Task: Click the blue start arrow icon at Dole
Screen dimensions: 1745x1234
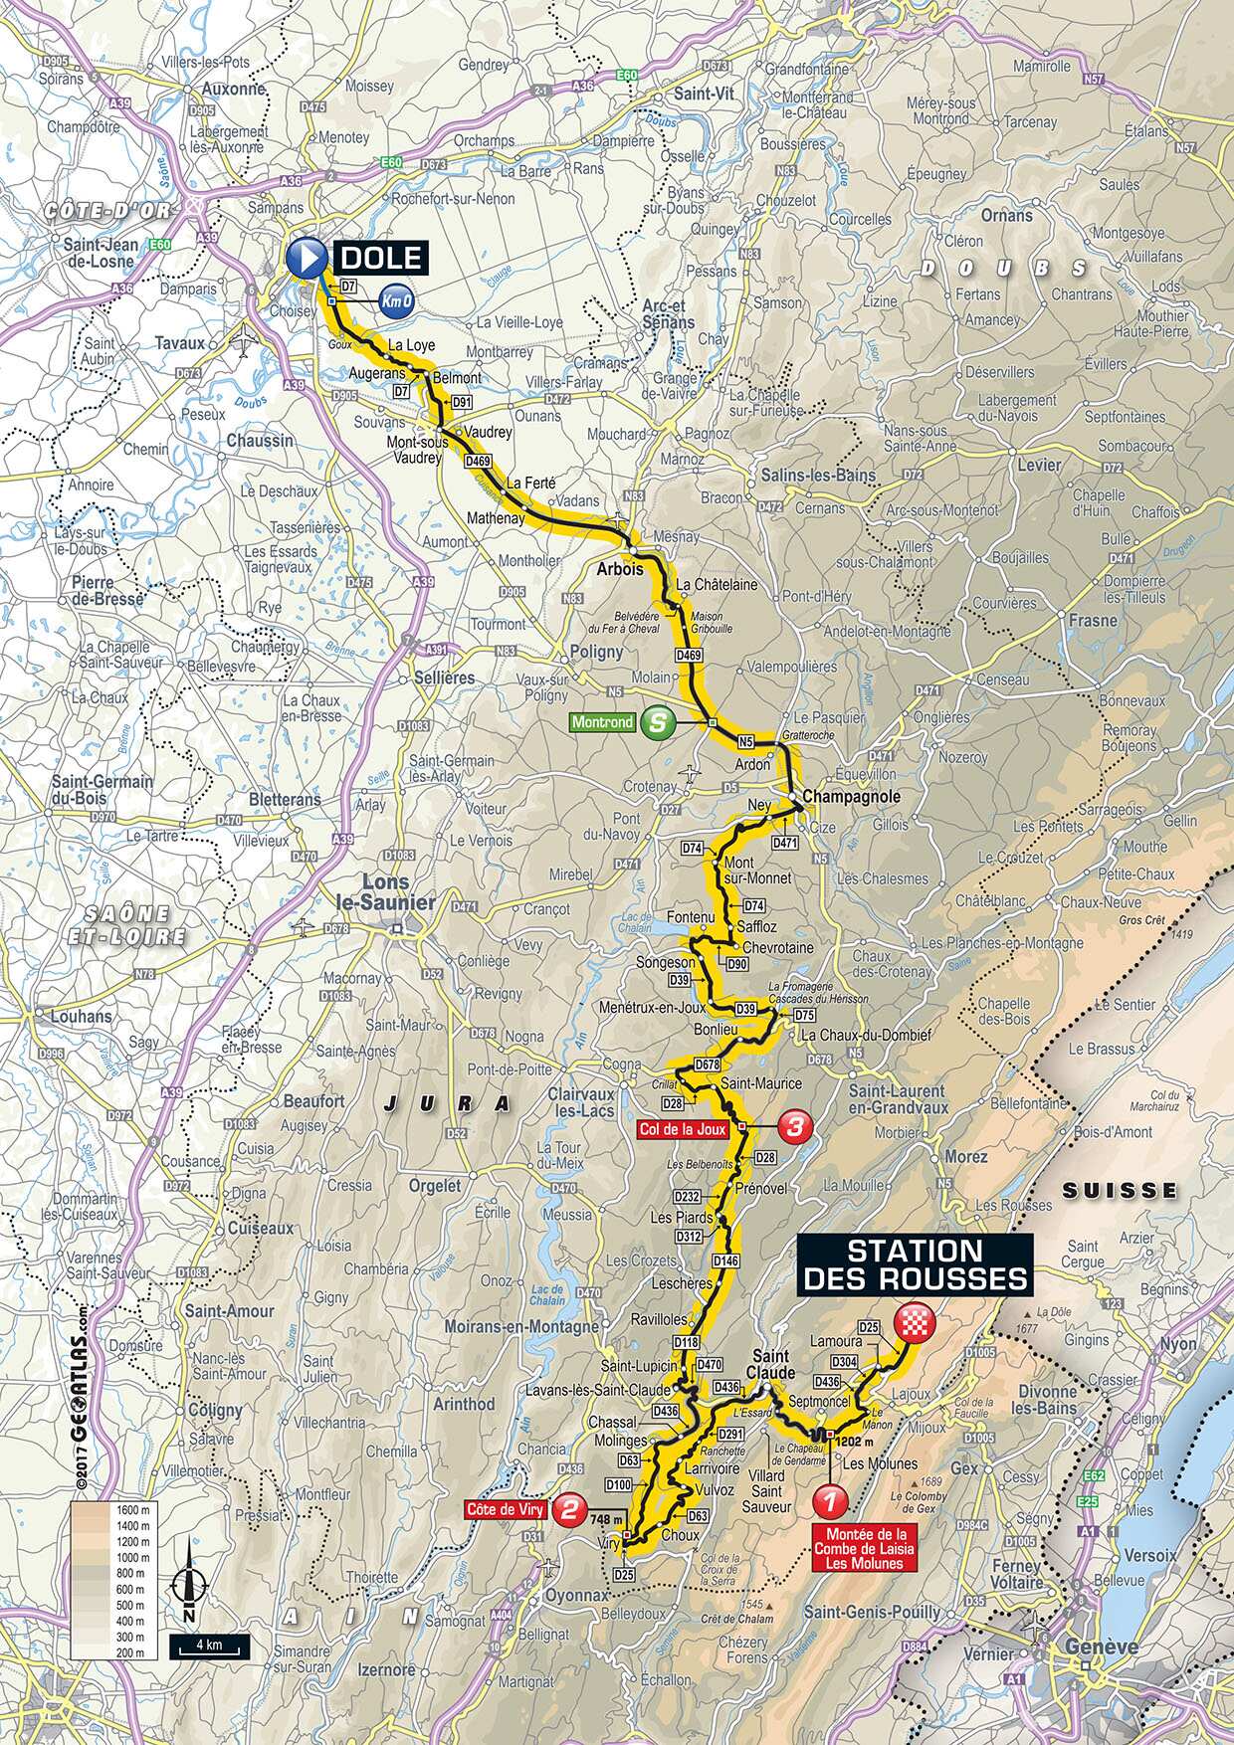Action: pyautogui.click(x=306, y=259)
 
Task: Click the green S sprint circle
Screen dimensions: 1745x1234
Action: pyautogui.click(x=655, y=722)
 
